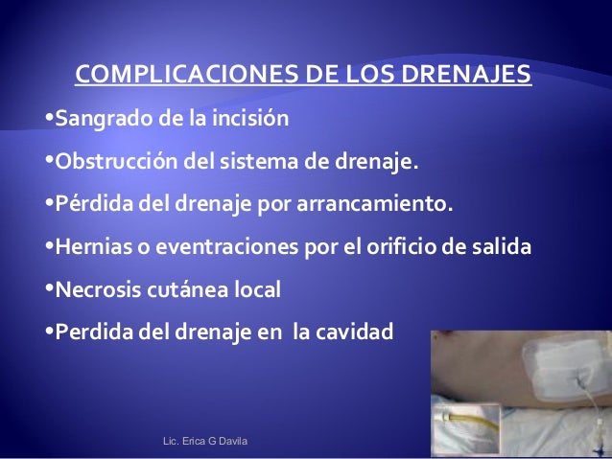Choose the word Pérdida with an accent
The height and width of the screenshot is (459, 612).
point(89,206)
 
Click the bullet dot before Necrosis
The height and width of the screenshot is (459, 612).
point(50,289)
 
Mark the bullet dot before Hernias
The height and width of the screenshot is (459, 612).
point(50,247)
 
